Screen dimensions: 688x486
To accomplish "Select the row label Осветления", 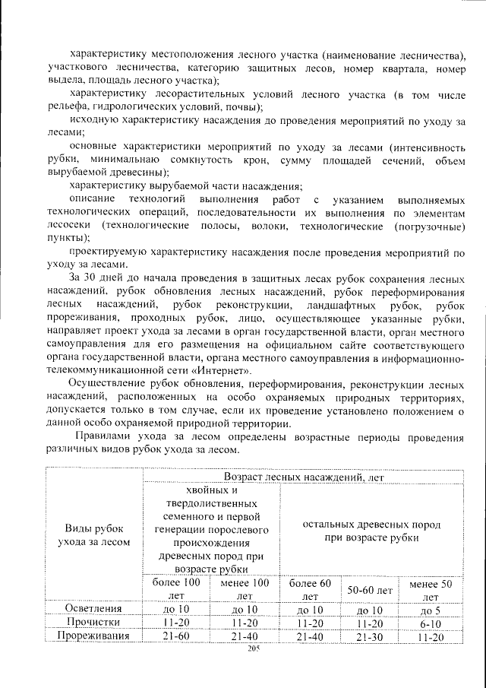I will (96, 609).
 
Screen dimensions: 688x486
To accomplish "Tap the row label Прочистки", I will (96, 623).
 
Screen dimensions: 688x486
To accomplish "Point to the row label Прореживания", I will (96, 636).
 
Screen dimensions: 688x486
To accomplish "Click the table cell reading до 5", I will (431, 609).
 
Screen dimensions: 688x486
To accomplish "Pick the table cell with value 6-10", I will (431, 623).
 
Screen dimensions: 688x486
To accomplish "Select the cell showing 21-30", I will (370, 636).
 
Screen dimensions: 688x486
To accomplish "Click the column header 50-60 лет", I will (370, 590).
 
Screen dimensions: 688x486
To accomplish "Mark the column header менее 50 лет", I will (431, 589).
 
